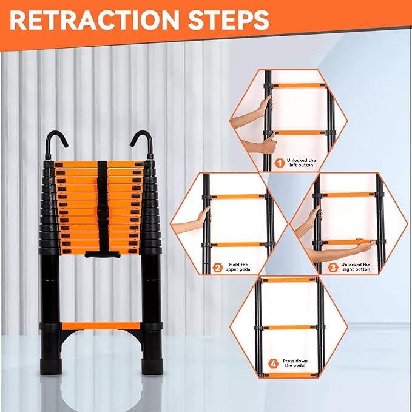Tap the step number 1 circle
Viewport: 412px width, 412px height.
pyautogui.click(x=280, y=163)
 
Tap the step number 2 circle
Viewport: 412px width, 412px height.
pyautogui.click(x=218, y=268)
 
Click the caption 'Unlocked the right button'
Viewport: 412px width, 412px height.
pyautogui.click(x=357, y=268)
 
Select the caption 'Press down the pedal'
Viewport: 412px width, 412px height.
pyautogui.click(x=295, y=365)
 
